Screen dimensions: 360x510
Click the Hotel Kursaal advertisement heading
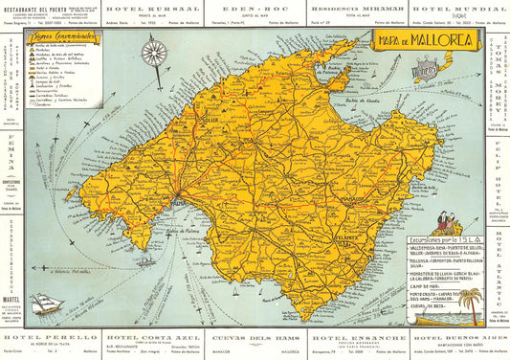[x=150, y=8]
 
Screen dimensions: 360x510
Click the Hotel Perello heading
[x=48, y=336]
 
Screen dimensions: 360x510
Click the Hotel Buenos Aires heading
[x=457, y=337]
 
